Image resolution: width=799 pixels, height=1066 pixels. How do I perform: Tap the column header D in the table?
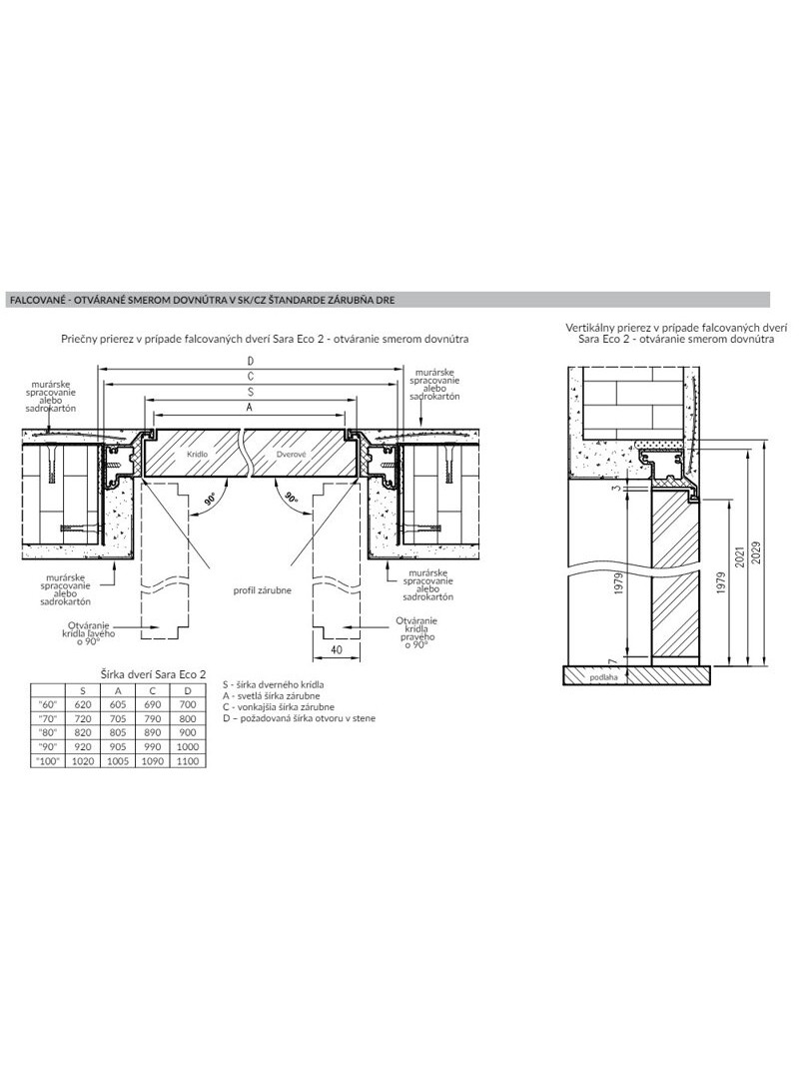[x=188, y=689]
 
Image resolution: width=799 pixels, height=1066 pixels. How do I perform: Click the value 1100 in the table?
[x=188, y=760]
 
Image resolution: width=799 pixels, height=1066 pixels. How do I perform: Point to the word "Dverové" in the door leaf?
[x=293, y=454]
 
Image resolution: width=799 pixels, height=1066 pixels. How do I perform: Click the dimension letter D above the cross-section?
[x=250, y=360]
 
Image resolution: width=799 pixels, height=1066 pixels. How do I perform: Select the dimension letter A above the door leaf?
[x=249, y=408]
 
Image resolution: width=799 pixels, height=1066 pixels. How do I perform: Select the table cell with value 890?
[x=152, y=731]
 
